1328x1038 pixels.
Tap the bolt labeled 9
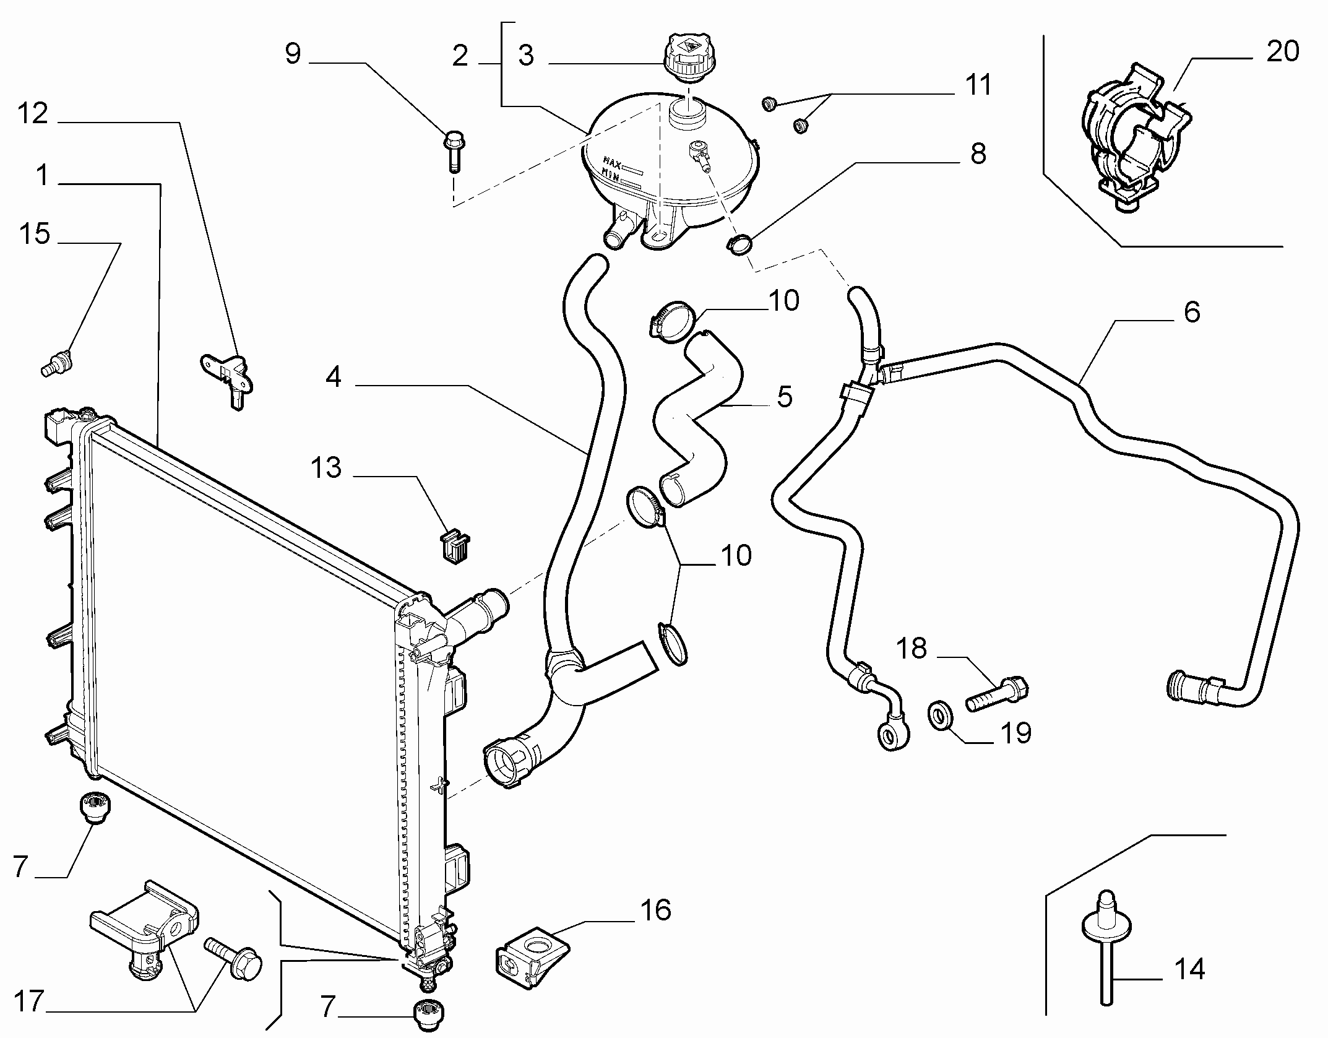454,150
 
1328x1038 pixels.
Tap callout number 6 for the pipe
1191,313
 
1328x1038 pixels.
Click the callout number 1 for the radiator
42,175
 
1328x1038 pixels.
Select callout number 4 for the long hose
333,376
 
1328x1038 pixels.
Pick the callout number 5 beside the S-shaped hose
784,397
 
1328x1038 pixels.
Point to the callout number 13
326,468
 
